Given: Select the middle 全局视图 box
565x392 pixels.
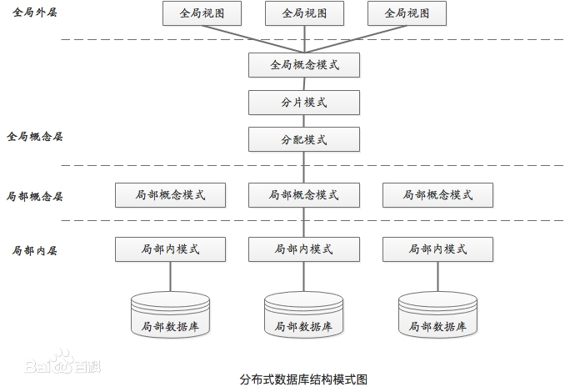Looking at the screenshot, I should tap(303, 13).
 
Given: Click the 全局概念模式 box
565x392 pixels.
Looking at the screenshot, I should tap(303, 64).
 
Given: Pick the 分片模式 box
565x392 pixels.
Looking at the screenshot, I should tap(303, 102).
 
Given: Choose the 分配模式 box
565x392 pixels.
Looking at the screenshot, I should tap(303, 139).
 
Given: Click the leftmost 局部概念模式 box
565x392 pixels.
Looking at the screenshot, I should tap(170, 195).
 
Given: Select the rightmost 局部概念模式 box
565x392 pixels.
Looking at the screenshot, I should tap(437, 195).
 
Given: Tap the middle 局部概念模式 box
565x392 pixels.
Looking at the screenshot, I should tap(303, 195).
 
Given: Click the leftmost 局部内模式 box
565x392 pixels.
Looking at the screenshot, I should tap(170, 249).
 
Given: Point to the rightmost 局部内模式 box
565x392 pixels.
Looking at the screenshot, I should tap(437, 249).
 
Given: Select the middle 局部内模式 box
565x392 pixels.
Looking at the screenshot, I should tap(303, 249).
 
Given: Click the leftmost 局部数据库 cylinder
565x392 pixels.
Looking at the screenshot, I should tap(170, 316).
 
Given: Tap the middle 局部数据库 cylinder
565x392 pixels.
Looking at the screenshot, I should tap(303, 316).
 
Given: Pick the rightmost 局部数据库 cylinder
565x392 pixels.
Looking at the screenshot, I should tap(437, 316).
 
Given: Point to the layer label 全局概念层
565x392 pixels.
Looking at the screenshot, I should tap(34, 136).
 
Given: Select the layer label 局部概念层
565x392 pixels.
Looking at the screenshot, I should tap(34, 197).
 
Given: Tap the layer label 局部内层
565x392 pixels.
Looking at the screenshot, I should tap(34, 250).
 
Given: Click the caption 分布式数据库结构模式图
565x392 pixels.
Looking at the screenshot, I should tap(303, 379).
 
